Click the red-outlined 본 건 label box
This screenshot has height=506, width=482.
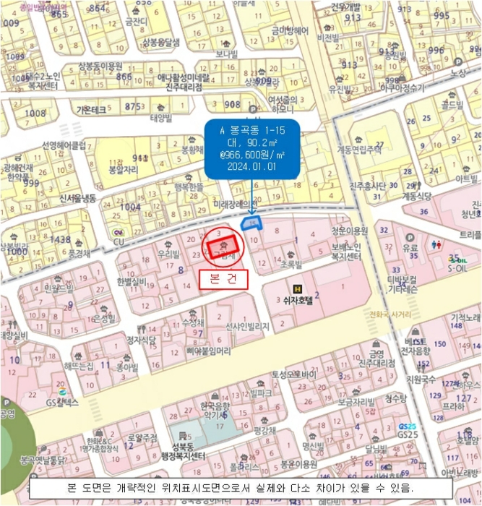pyautogui.click(x=223, y=278)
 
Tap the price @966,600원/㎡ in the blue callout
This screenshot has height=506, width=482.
pyautogui.click(x=248, y=154)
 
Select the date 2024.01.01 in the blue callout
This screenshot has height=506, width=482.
pyautogui.click(x=248, y=166)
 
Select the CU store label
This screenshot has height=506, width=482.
pyautogui.click(x=119, y=232)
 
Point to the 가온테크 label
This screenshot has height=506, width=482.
pyautogui.click(x=91, y=109)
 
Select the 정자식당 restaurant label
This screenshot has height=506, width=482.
pyautogui.click(x=142, y=339)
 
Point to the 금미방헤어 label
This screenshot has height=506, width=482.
pyautogui.click(x=290, y=30)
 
